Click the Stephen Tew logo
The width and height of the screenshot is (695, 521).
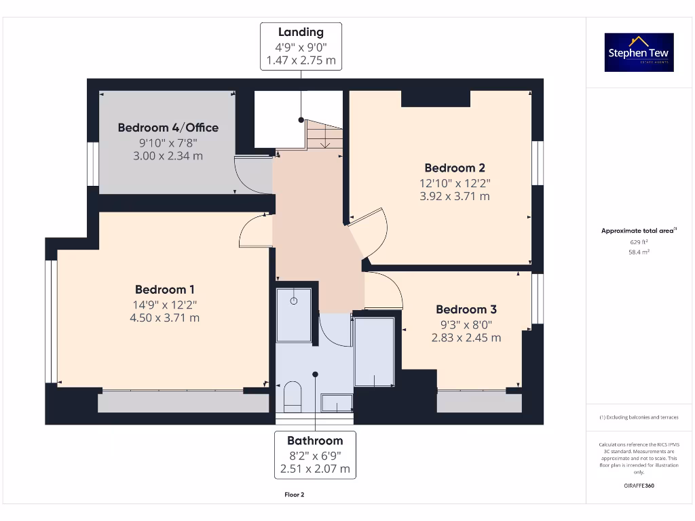click(x=639, y=53)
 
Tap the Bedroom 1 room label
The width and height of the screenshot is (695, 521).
click(x=165, y=290)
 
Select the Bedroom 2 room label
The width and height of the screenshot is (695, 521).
click(x=455, y=168)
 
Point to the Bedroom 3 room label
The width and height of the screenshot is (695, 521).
click(x=466, y=309)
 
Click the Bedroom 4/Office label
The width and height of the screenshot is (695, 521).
click(x=168, y=128)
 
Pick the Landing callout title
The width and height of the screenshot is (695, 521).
click(x=301, y=33)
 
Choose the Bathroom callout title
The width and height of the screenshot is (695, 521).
click(x=315, y=441)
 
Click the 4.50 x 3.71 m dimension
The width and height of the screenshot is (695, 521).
click(x=165, y=317)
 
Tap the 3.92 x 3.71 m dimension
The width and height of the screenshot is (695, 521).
click(x=455, y=196)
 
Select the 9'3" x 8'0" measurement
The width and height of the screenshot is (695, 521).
click(x=466, y=324)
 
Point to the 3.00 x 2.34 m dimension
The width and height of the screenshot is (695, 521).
click(x=168, y=156)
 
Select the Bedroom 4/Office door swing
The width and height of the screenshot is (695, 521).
click(x=251, y=171)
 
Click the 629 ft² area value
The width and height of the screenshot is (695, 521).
click(x=639, y=242)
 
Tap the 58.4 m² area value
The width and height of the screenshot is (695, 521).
click(x=639, y=252)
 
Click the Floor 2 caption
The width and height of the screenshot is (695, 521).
click(x=294, y=495)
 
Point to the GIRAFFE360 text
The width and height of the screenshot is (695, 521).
click(x=639, y=486)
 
